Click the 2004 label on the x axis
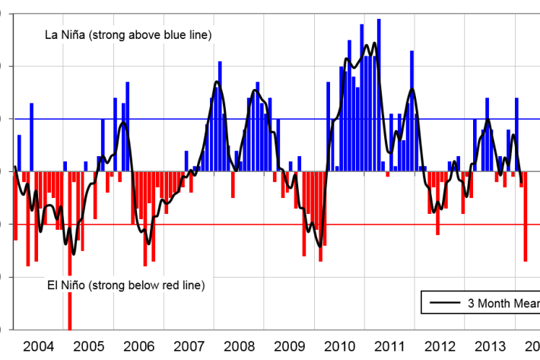point(39,346)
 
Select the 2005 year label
point(89,346)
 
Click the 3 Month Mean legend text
point(503,302)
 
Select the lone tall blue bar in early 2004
point(32,137)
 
